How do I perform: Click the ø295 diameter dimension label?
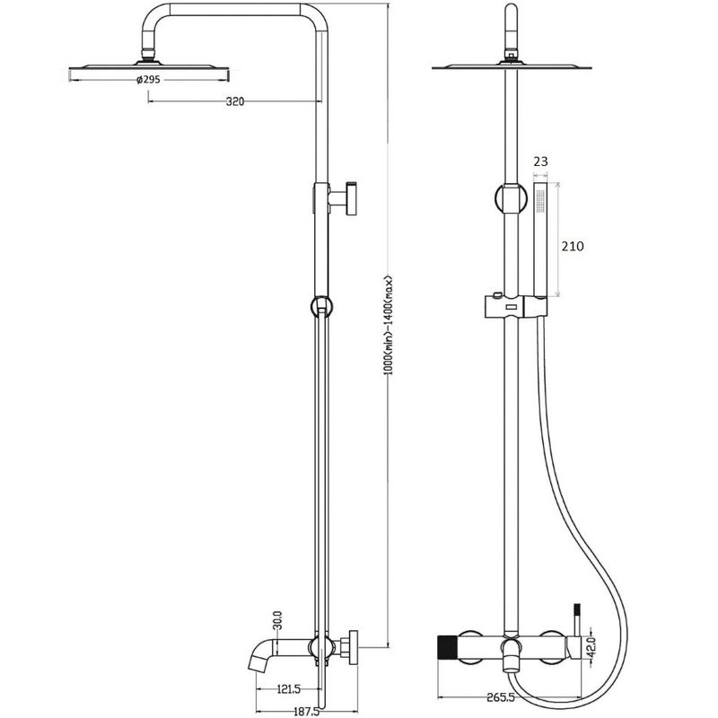click(x=148, y=80)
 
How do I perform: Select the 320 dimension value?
click(x=235, y=101)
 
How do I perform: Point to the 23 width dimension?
click(x=540, y=162)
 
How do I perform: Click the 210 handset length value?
click(x=573, y=246)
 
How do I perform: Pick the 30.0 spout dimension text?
click(x=277, y=620)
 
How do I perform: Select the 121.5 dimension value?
click(x=288, y=688)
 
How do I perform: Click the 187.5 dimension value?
click(x=305, y=711)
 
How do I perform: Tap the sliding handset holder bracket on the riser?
click(x=515, y=306)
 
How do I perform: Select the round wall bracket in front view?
click(x=511, y=198)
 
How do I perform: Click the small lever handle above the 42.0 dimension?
click(x=577, y=619)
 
